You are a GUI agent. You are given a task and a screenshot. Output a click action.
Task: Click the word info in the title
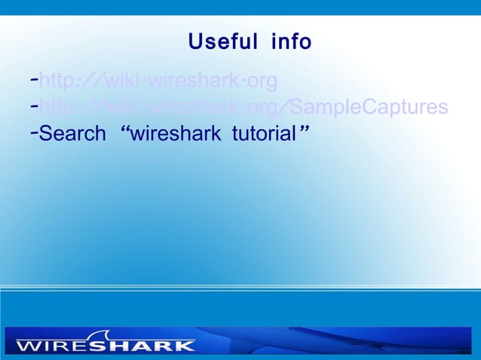(x=291, y=41)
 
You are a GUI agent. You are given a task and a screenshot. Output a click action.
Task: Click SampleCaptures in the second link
(x=371, y=108)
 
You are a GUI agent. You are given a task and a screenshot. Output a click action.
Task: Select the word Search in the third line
(x=72, y=135)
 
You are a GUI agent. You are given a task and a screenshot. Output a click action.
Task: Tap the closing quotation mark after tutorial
(x=305, y=131)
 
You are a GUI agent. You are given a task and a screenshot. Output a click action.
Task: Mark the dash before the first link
(x=34, y=79)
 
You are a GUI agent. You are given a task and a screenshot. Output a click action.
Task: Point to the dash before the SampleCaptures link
(x=34, y=106)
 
